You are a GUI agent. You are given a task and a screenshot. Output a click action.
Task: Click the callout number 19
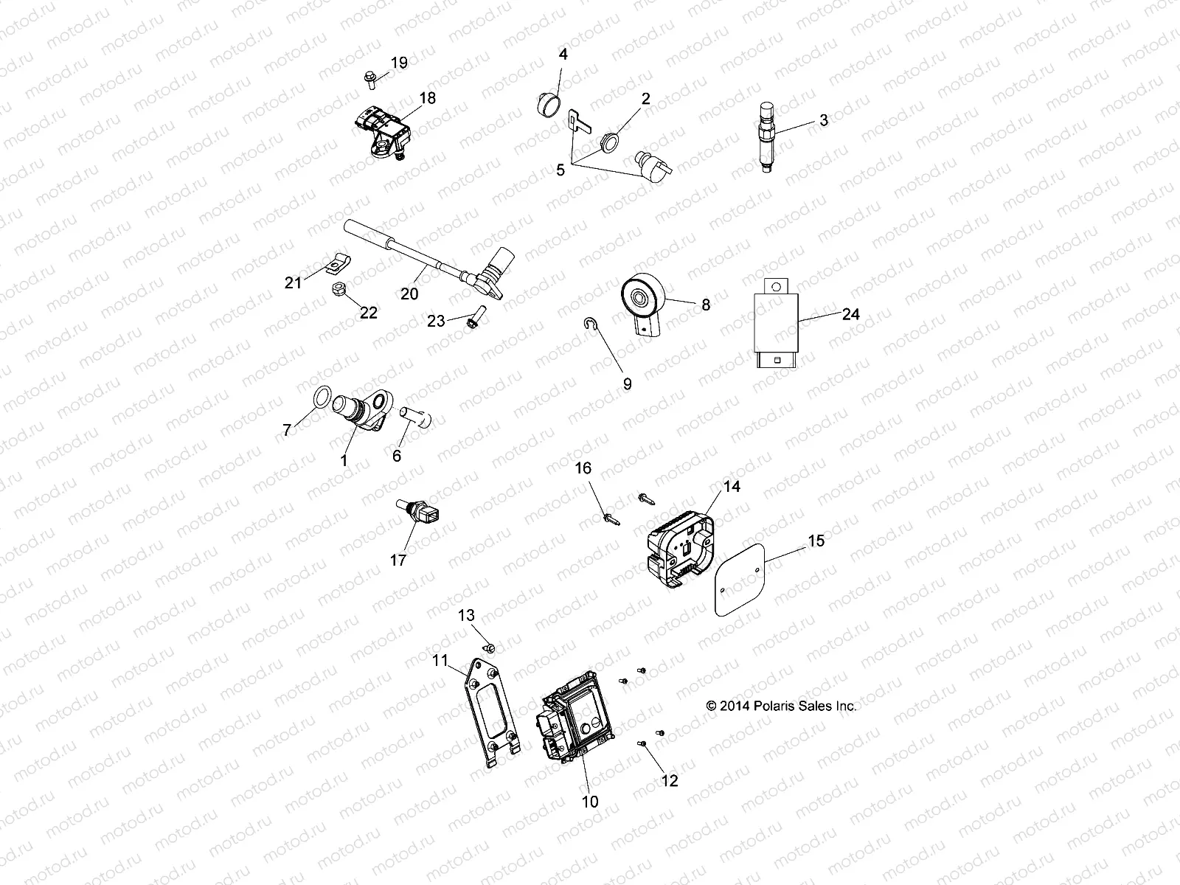[x=398, y=63]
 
